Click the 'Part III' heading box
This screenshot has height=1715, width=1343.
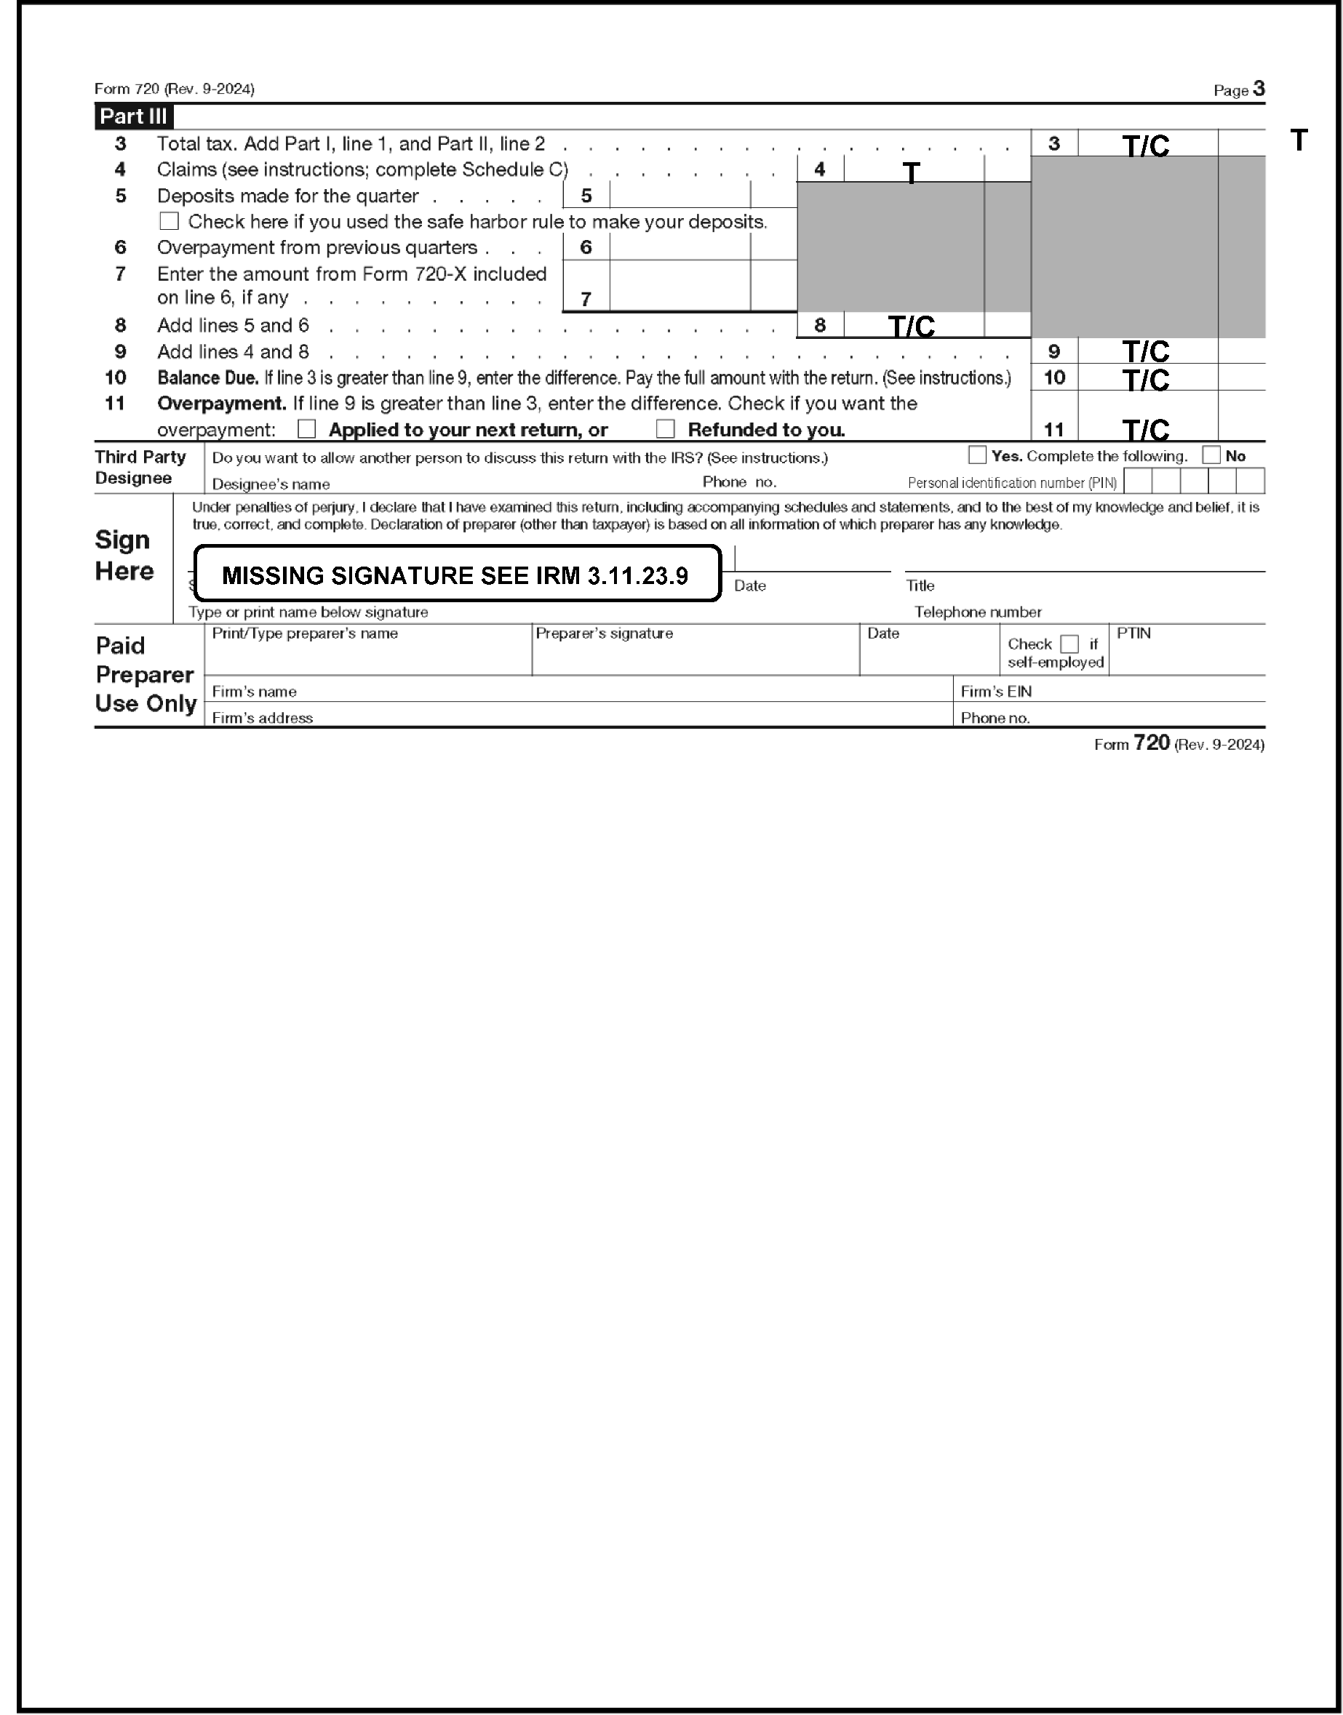(133, 116)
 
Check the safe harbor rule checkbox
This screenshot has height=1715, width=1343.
(169, 221)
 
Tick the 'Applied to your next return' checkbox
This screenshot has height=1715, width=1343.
(307, 429)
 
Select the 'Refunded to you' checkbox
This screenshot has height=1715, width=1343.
(665, 429)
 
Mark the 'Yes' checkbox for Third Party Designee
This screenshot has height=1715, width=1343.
(976, 455)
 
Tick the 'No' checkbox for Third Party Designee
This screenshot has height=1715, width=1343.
(1211, 455)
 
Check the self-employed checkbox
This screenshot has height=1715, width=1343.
(1069, 644)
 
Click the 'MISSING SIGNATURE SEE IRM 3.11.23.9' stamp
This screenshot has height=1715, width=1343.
(456, 575)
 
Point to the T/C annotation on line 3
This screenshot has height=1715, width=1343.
(1146, 145)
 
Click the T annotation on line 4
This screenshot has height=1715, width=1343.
(911, 172)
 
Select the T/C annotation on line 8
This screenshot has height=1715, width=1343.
(912, 325)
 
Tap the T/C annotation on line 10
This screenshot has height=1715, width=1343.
(1146, 380)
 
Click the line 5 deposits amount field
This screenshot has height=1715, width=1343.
(680, 195)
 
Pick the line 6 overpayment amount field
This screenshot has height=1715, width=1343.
(680, 247)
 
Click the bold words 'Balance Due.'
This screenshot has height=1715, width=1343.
(207, 378)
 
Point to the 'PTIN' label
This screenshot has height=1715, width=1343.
(1133, 633)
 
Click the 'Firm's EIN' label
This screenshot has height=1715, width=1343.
(995, 692)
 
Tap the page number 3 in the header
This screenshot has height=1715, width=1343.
(1259, 89)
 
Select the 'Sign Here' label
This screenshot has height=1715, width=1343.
(124, 555)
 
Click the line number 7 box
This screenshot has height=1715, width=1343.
(586, 299)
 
